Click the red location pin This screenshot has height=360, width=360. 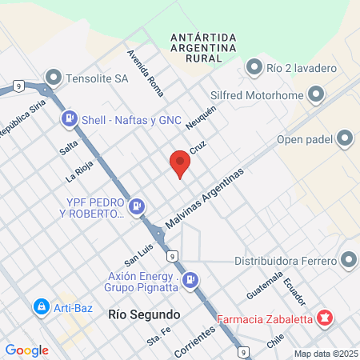(x=180, y=164)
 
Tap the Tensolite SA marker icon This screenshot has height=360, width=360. (x=54, y=78)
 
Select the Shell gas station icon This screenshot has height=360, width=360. (x=70, y=119)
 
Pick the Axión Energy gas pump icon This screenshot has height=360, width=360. (x=190, y=280)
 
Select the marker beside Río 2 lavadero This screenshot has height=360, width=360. (x=255, y=67)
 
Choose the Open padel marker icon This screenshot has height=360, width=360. (x=345, y=140)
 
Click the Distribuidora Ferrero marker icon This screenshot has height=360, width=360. (x=348, y=260)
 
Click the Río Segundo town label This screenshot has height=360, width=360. (x=143, y=314)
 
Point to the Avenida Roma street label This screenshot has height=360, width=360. (x=140, y=69)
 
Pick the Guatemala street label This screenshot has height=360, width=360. (x=266, y=285)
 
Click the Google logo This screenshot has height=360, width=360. (x=27, y=350)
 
